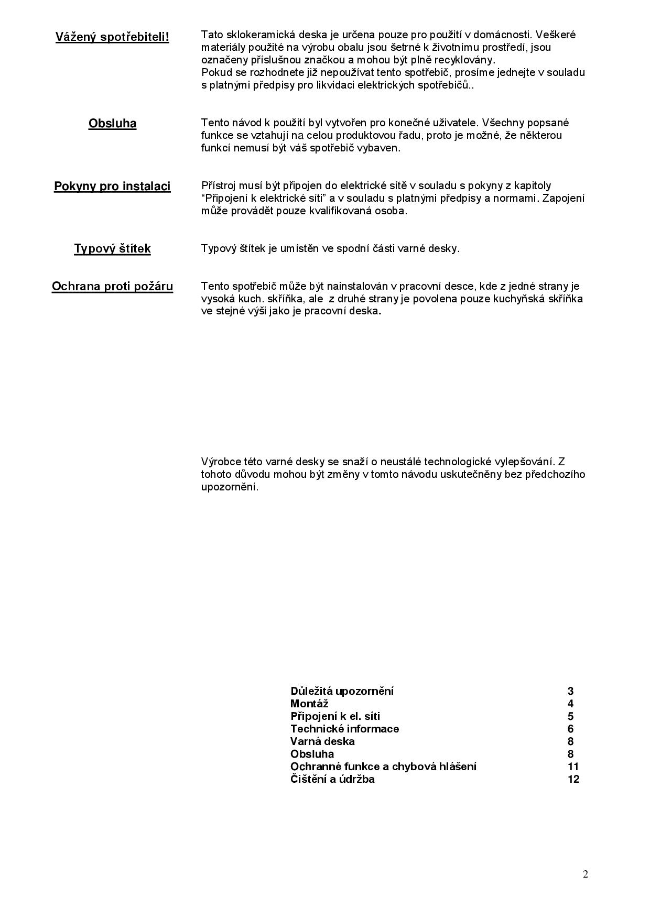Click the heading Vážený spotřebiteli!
tap(112, 37)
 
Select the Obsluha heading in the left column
tap(112, 124)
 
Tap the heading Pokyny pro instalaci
tap(112, 187)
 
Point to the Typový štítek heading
tap(112, 248)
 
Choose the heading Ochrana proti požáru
tap(112, 287)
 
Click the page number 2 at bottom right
tap(586, 874)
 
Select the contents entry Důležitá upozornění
tap(342, 691)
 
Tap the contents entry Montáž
tap(309, 704)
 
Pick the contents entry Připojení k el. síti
tap(335, 716)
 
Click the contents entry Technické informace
tap(344, 729)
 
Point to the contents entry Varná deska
tap(322, 741)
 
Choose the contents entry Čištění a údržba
tap(332, 779)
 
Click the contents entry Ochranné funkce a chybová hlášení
tap(383, 767)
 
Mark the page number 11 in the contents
tap(573, 767)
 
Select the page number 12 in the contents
tap(573, 779)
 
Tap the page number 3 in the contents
tap(571, 691)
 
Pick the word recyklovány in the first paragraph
tap(467, 60)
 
